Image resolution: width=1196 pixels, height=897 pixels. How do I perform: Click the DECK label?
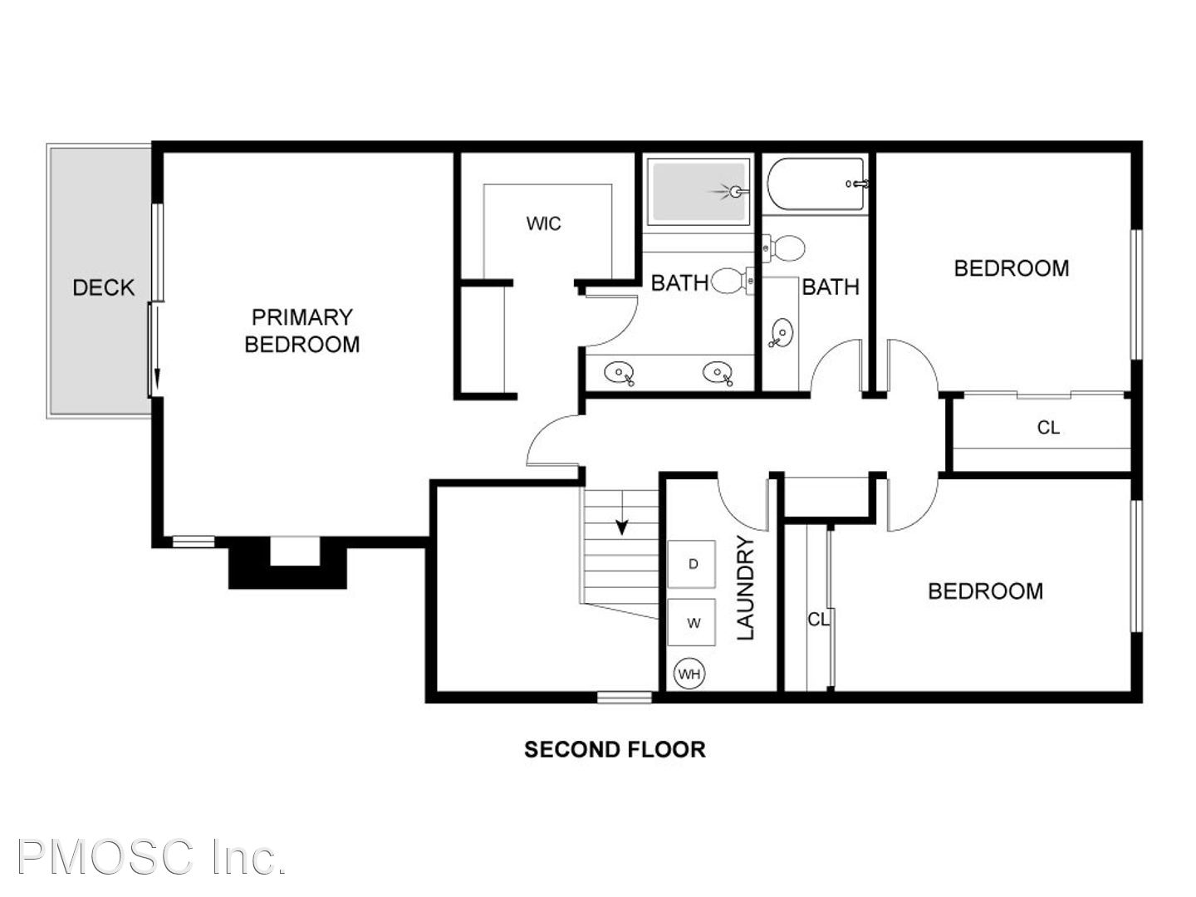tap(104, 287)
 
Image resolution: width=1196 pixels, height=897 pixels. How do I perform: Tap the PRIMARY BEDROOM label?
tap(301, 331)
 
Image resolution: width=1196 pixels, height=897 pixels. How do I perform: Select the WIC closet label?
tap(543, 223)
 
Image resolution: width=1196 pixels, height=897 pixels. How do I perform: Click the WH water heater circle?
tap(689, 674)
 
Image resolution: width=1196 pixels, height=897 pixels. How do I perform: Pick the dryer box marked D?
tap(692, 564)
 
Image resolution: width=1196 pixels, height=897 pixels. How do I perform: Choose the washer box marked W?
tap(692, 622)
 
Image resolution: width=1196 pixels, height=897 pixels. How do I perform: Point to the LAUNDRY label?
tap(745, 588)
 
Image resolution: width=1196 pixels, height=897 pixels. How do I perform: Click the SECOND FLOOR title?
tap(615, 749)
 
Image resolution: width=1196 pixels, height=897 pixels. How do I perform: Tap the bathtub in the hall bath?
tap(816, 184)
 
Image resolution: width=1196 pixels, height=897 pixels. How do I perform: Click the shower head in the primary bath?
tap(733, 192)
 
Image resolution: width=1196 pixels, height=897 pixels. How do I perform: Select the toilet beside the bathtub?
tap(783, 248)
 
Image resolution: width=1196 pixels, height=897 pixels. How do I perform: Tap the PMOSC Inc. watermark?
tap(151, 857)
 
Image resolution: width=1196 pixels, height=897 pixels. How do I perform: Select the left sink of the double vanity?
tap(620, 374)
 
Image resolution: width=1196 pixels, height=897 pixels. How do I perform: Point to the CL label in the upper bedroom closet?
tap(1048, 428)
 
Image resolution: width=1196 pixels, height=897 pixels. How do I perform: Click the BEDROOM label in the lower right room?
tap(985, 591)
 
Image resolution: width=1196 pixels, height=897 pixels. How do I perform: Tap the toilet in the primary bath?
tap(732, 282)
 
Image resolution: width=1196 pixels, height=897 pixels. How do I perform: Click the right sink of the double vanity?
tap(718, 374)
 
